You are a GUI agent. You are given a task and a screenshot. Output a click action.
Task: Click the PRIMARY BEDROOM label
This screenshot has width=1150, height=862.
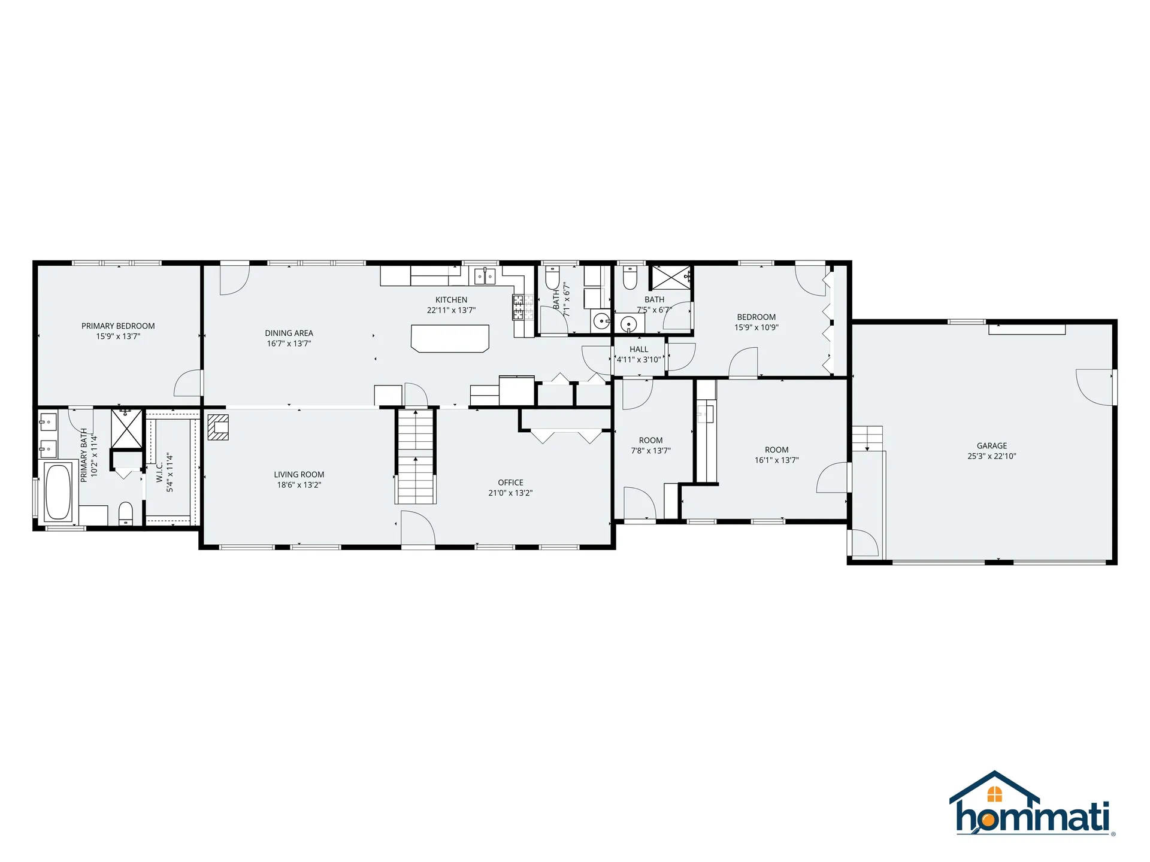tap(118, 326)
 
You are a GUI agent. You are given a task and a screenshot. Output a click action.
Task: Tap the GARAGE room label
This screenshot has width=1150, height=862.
tap(992, 446)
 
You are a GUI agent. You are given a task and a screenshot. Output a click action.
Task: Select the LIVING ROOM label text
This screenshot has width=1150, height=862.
tap(299, 475)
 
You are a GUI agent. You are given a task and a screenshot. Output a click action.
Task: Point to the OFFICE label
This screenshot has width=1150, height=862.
tap(510, 482)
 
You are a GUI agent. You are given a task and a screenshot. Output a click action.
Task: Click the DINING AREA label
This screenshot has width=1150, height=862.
tap(289, 333)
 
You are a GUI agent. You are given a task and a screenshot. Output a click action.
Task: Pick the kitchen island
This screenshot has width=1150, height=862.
tap(450, 338)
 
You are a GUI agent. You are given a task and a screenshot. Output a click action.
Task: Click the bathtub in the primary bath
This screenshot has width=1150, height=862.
tap(58, 492)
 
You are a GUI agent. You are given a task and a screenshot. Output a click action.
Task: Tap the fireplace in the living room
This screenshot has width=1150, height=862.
tap(218, 427)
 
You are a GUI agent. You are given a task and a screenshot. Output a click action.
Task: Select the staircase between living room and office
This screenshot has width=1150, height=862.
tap(415, 456)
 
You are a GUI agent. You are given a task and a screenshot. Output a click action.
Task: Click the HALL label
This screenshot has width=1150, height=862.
tap(638, 350)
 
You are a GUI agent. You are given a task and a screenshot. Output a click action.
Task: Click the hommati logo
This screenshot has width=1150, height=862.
tap(1031, 803)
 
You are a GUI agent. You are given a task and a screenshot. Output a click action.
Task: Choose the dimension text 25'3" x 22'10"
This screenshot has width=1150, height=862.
tap(992, 456)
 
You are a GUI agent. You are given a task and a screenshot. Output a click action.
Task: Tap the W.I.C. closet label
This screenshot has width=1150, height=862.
tap(160, 472)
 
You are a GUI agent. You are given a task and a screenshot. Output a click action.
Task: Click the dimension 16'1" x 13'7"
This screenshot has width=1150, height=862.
tap(777, 460)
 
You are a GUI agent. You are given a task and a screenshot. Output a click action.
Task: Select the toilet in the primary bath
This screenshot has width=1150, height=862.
tap(125, 513)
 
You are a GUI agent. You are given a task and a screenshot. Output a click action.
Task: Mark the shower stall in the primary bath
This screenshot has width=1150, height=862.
tap(126, 429)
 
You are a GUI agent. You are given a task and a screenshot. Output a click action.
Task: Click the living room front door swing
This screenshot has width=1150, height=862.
tap(417, 528)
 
